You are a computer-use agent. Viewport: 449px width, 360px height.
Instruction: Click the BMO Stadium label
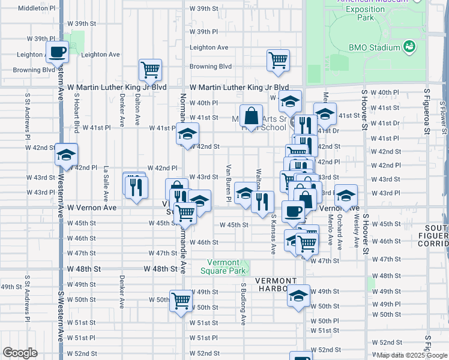[x=374, y=47]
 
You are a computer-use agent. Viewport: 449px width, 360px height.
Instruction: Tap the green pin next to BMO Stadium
[x=409, y=46]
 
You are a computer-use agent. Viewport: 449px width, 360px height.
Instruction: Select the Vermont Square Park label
[x=228, y=266]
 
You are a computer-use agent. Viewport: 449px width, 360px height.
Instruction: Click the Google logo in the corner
[x=20, y=353]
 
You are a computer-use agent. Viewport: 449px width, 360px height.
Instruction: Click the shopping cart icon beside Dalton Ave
[x=150, y=69]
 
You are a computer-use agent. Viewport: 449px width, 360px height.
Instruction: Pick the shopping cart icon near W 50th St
[x=181, y=302]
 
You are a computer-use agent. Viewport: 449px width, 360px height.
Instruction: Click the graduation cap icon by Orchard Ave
[x=345, y=196]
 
